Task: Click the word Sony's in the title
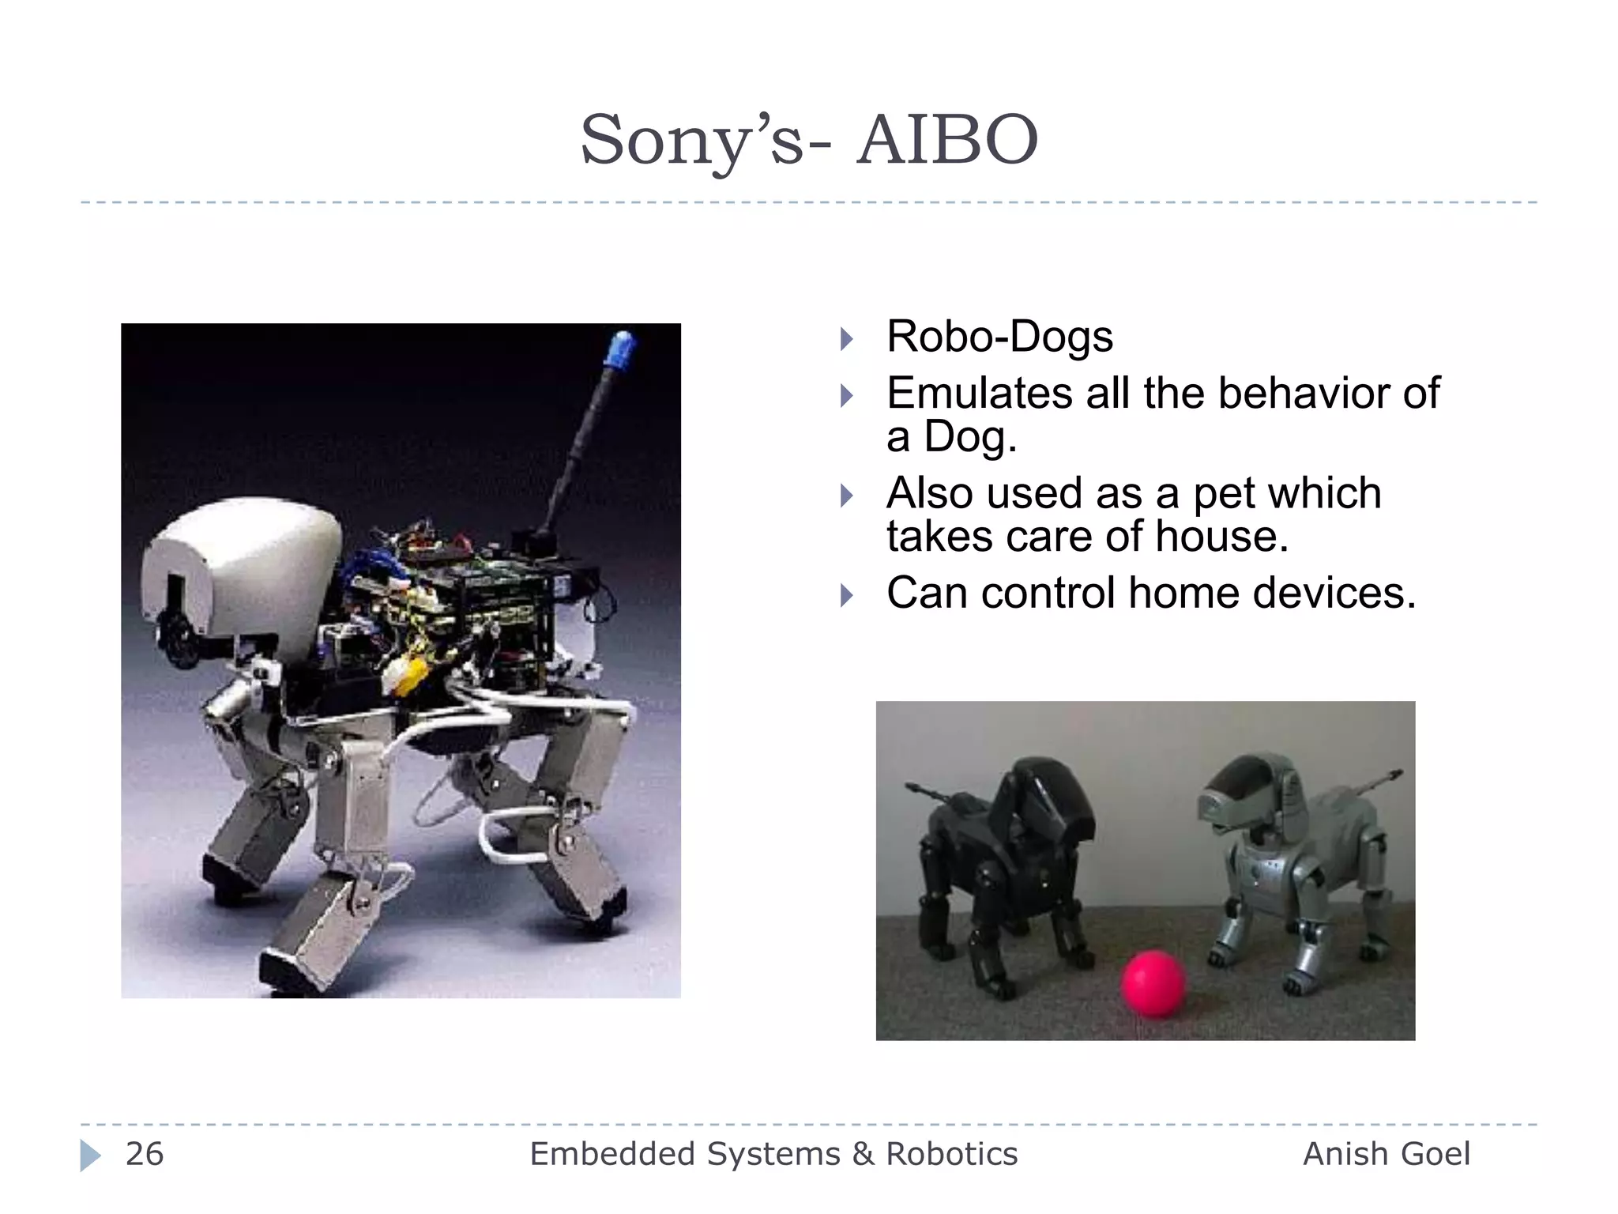[691, 141]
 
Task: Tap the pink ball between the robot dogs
[1153, 983]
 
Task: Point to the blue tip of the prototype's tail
[621, 349]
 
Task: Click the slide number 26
[145, 1154]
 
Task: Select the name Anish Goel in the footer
[1386, 1154]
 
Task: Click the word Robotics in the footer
[951, 1154]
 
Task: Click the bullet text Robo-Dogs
[999, 336]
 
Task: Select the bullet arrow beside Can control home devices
[847, 595]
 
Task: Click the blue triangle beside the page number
[90, 1156]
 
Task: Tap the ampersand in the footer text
[863, 1154]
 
